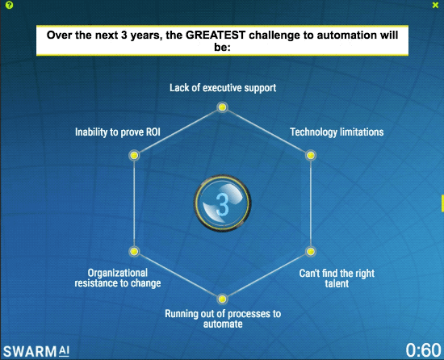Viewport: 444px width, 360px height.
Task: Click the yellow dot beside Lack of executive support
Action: point(222,107)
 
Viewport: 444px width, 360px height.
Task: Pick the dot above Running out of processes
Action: point(222,299)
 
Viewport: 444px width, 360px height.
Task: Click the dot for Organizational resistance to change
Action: point(134,251)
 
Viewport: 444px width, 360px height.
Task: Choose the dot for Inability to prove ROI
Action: point(134,157)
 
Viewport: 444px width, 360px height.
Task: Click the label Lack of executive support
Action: point(222,88)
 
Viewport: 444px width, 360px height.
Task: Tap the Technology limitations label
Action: point(337,132)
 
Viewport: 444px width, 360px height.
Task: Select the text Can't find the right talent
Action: point(337,278)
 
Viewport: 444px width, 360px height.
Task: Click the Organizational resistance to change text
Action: point(118,278)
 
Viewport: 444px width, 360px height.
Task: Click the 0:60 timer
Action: point(422,350)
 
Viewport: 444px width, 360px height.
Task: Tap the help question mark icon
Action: point(8,5)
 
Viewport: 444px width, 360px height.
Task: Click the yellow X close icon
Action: point(435,5)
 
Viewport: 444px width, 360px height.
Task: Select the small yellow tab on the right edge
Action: point(442,202)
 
